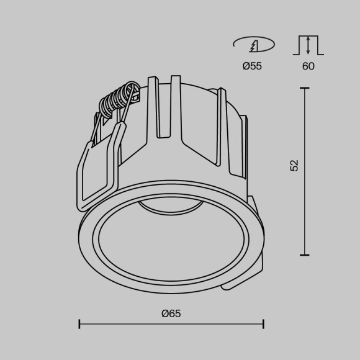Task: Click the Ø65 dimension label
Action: click(171, 313)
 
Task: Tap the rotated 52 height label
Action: click(294, 165)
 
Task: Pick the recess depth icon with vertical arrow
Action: click(308, 46)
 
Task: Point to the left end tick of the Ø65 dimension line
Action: click(79, 323)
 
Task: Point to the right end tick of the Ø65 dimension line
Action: click(264, 323)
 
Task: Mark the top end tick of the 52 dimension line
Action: click(305, 88)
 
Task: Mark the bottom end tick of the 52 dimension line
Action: click(305, 254)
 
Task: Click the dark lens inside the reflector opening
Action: click(169, 206)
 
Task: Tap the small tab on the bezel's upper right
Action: click(253, 201)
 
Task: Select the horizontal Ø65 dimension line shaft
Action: click(124, 323)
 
